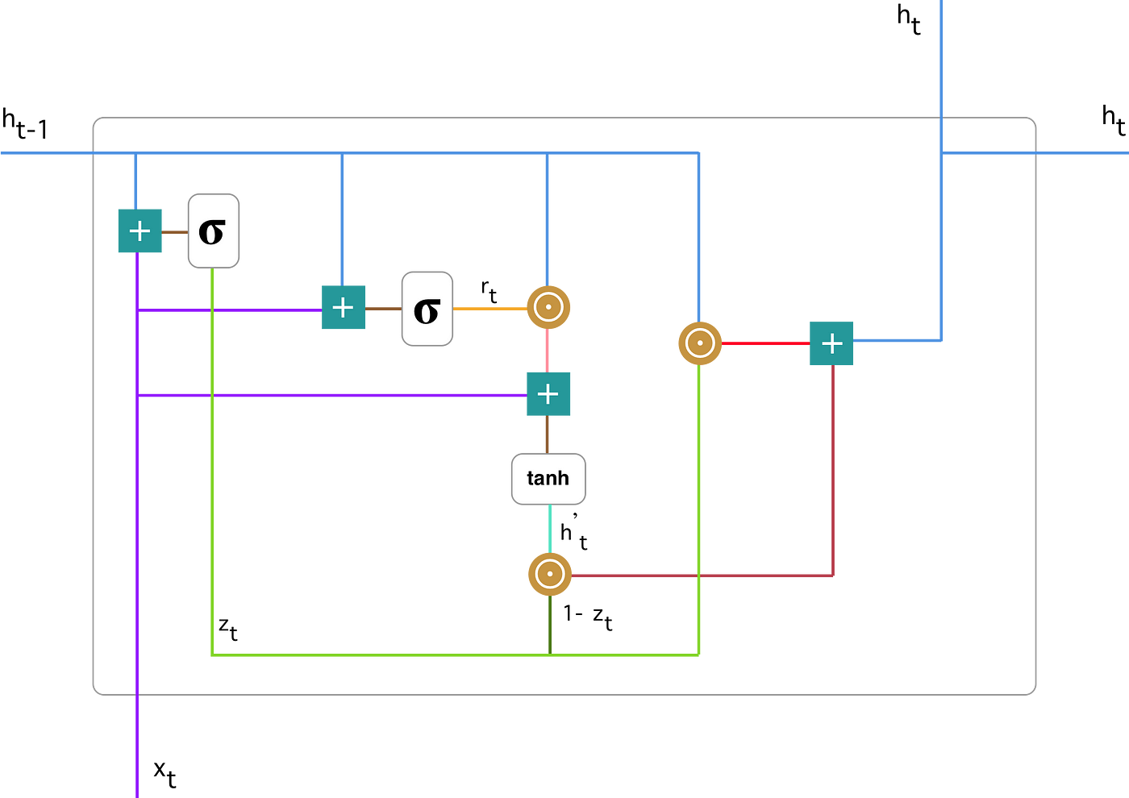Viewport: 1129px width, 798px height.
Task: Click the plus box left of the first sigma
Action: coord(140,231)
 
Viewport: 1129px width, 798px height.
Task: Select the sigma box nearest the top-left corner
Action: coord(214,231)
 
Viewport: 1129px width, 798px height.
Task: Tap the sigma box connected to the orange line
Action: coord(427,309)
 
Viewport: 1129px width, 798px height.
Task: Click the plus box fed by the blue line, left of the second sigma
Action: coord(344,307)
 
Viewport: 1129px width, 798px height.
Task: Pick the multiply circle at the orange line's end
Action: coord(548,308)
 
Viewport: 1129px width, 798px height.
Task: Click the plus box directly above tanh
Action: coord(548,393)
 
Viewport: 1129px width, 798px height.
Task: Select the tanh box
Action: coord(548,479)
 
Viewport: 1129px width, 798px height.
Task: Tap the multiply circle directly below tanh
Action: coord(549,575)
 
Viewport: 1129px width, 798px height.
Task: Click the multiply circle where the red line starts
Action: coord(699,343)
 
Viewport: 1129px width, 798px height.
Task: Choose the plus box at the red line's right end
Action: coord(831,343)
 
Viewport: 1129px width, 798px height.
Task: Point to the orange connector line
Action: coord(490,309)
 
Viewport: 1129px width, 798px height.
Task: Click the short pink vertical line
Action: coord(548,351)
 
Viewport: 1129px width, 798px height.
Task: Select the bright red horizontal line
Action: coord(765,343)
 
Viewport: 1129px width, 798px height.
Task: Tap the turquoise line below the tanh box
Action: coord(550,529)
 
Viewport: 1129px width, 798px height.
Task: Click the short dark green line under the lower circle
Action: coord(550,624)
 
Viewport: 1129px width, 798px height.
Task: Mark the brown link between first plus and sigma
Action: coord(175,232)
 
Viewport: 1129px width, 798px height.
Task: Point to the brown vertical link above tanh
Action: coord(548,434)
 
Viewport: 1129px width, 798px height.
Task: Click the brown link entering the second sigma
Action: coord(384,309)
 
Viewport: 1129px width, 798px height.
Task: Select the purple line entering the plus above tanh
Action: coord(371,395)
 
